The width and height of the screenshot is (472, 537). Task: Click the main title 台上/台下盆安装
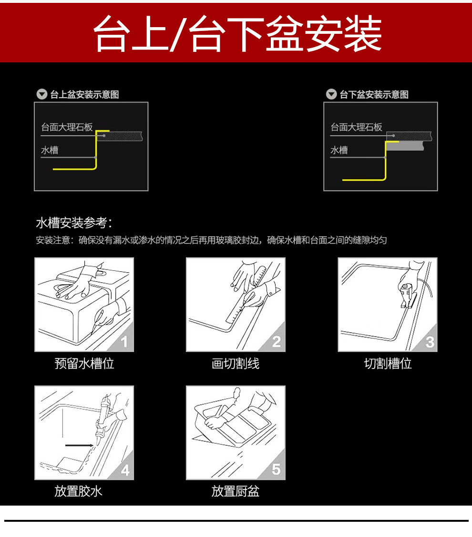point(237,33)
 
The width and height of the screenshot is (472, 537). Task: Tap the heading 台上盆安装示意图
point(84,95)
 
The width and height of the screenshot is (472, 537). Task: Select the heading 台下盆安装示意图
point(374,95)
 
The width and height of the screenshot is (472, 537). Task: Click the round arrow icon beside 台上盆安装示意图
point(42,94)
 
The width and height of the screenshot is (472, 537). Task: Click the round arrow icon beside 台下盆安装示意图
point(331,94)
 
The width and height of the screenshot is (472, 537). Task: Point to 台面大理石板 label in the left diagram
point(67,128)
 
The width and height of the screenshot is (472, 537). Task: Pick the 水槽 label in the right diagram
point(339,150)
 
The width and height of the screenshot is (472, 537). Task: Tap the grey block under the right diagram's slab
point(405,146)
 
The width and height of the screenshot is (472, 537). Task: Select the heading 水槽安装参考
point(74,223)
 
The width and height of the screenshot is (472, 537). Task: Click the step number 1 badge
point(124,341)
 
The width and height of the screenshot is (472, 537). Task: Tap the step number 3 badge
point(430,342)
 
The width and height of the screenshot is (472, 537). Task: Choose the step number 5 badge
point(276,469)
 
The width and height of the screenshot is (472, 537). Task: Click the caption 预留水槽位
point(84,363)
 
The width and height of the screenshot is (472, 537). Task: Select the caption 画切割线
point(236,363)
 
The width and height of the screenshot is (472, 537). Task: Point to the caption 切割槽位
point(388,363)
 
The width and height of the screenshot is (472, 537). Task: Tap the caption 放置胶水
point(78,491)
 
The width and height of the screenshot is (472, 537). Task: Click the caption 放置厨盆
point(236,491)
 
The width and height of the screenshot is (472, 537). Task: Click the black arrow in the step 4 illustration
point(79,445)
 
